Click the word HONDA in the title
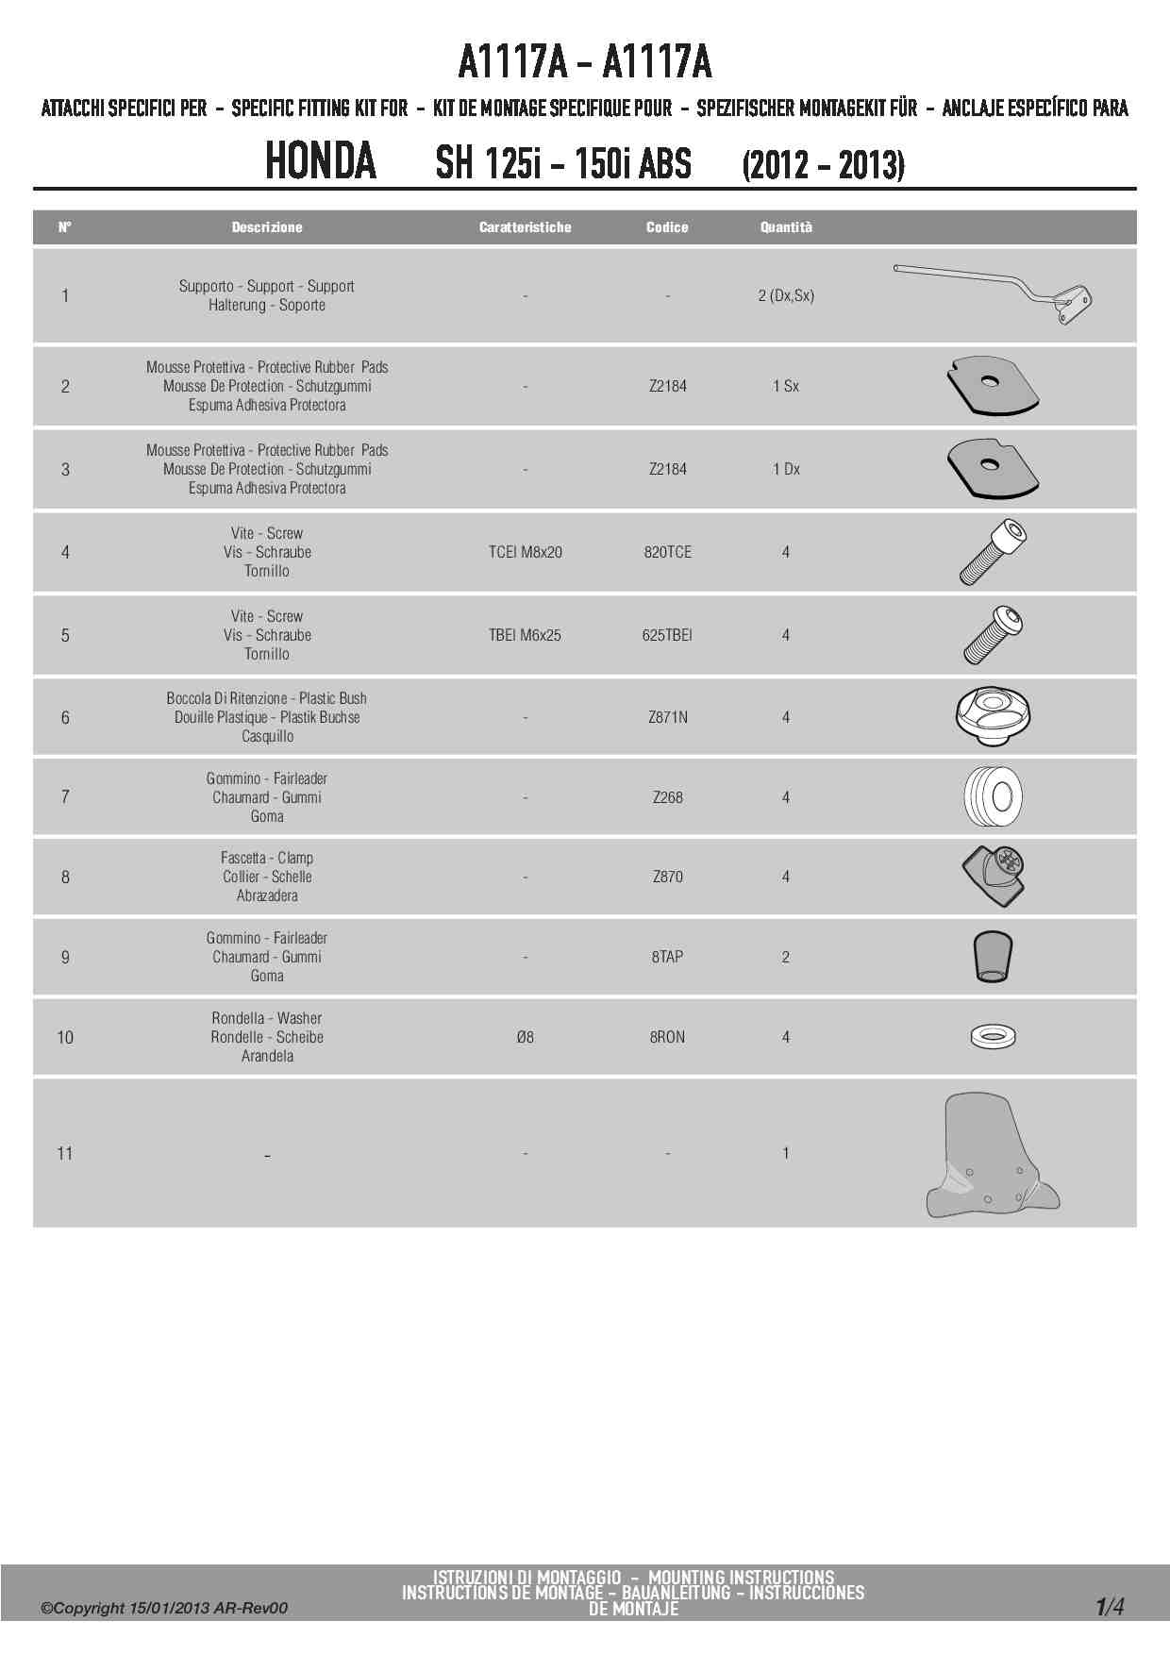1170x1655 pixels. (x=321, y=161)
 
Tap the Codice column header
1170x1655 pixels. (x=667, y=227)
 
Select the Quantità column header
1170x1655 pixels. (x=786, y=227)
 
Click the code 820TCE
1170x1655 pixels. (x=667, y=552)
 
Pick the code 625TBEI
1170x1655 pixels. (x=667, y=635)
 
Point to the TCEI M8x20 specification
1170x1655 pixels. (x=525, y=552)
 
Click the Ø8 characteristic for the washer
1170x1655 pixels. (x=525, y=1037)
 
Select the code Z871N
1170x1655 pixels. (x=667, y=717)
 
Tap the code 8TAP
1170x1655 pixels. (x=667, y=957)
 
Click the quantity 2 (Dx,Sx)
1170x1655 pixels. (x=786, y=295)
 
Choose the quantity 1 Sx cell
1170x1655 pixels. (x=786, y=386)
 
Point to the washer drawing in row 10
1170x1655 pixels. (x=993, y=1037)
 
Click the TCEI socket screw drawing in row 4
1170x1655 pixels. (x=993, y=552)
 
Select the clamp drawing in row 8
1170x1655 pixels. (x=993, y=876)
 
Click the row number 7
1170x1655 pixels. (x=65, y=797)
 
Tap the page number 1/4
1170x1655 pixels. (x=1110, y=1606)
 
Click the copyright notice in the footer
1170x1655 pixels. (x=164, y=1608)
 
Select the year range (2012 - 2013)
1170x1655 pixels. (x=823, y=165)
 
